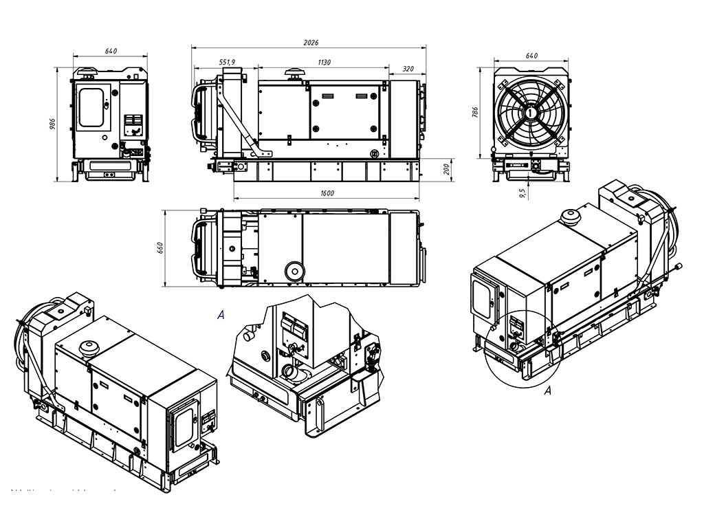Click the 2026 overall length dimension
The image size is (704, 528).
(x=311, y=43)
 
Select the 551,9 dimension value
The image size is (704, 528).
(x=228, y=62)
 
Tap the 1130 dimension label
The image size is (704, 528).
(x=324, y=62)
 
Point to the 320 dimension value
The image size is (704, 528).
(x=408, y=69)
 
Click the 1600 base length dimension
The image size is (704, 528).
(x=327, y=193)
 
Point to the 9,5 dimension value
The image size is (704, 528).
(x=523, y=192)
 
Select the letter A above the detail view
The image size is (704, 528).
(x=221, y=315)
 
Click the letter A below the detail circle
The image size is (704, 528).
(x=548, y=391)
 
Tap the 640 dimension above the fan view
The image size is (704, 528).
(x=531, y=56)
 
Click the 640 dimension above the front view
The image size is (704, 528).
(x=111, y=51)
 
